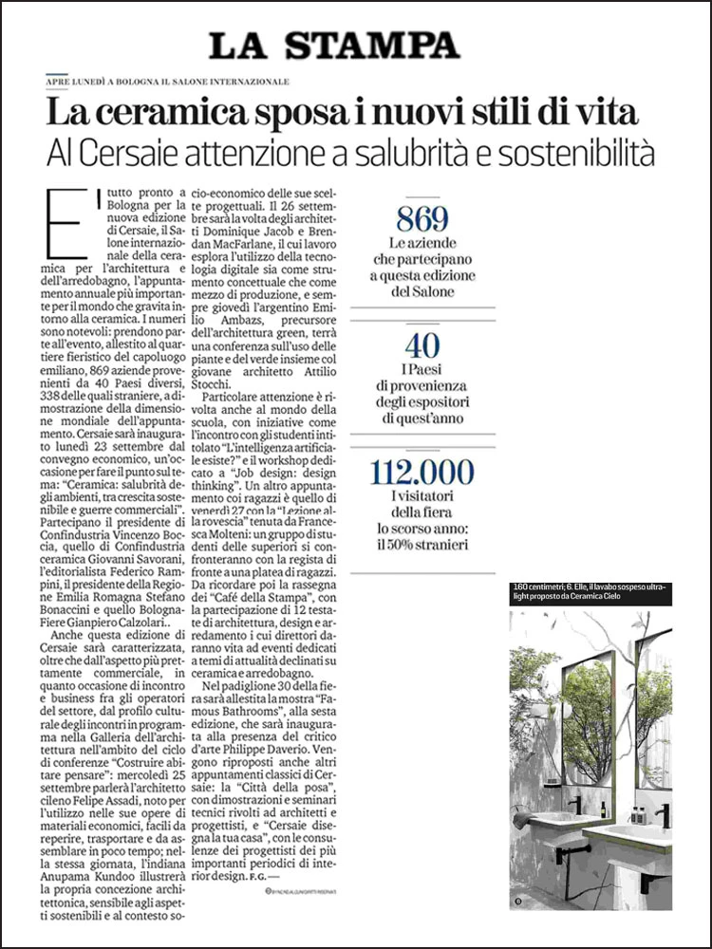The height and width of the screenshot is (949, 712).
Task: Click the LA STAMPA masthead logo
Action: pyautogui.click(x=334, y=44)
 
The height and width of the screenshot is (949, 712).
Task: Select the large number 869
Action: pyautogui.click(x=422, y=219)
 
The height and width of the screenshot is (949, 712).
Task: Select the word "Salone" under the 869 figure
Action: pyautogui.click(x=435, y=291)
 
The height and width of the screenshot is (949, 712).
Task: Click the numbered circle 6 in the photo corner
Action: pyautogui.click(x=518, y=898)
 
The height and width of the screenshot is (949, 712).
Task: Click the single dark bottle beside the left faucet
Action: pyautogui.click(x=602, y=809)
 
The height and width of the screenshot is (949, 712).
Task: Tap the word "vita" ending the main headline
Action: pyautogui.click(x=606, y=116)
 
